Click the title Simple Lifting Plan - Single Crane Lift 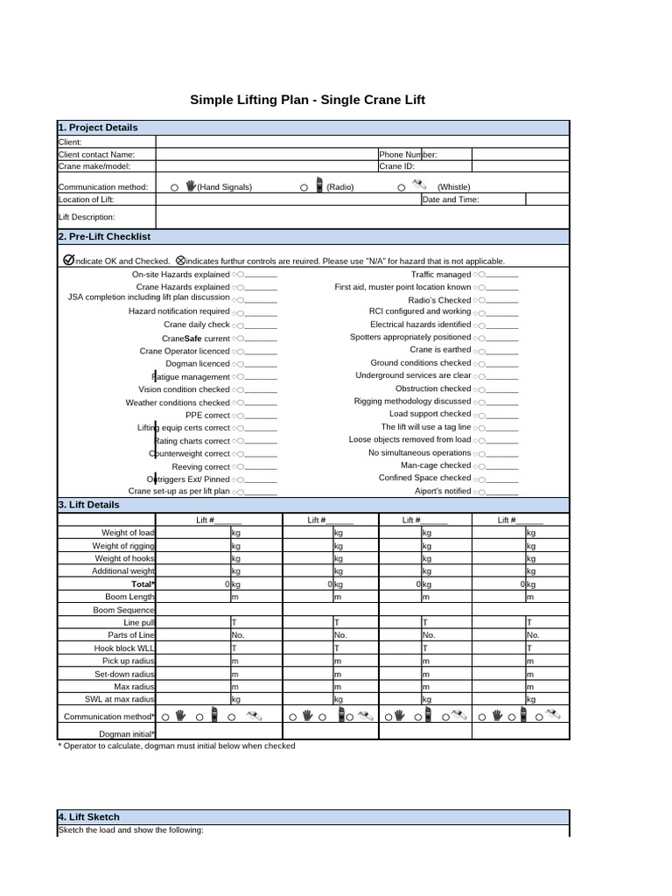click(307, 100)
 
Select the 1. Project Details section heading click(98, 128)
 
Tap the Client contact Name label click(96, 154)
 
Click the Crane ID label click(396, 165)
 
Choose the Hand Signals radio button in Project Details click(175, 187)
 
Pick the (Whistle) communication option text click(453, 187)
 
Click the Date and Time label click(451, 199)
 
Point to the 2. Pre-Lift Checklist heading click(104, 237)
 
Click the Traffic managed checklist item click(441, 275)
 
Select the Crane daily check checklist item click(196, 325)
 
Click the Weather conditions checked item click(178, 402)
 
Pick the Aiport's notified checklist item click(443, 492)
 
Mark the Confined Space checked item click(424, 479)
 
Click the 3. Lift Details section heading click(88, 505)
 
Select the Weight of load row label click(128, 533)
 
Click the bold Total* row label click(143, 584)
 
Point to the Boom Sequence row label click(123, 610)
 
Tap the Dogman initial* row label click(127, 733)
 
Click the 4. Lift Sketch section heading click(88, 817)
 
